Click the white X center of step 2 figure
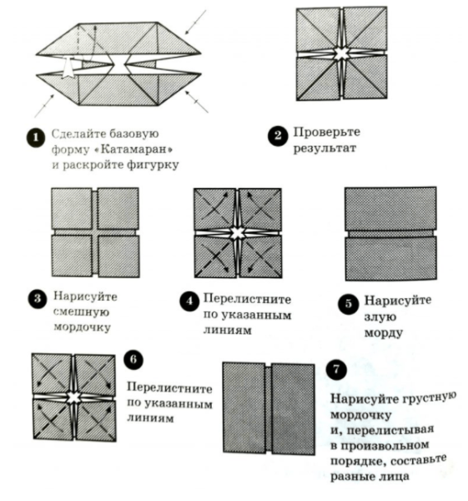click(x=340, y=54)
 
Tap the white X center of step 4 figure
click(x=238, y=232)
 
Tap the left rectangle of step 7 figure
click(x=244, y=408)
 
